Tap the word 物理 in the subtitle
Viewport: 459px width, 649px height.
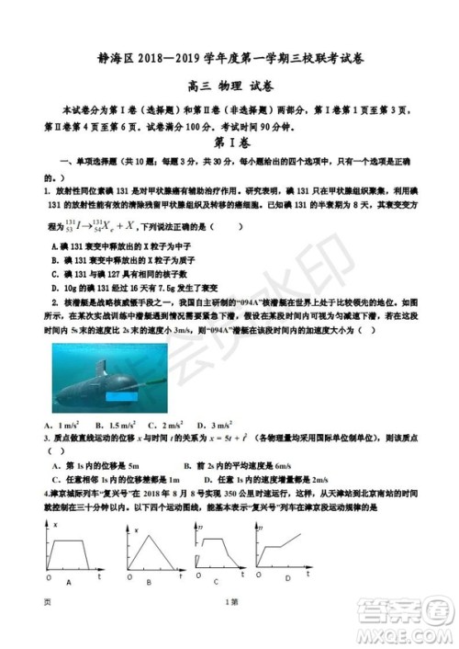pyautogui.click(x=226, y=88)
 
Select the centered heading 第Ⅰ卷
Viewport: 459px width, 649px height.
pyautogui.click(x=229, y=142)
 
